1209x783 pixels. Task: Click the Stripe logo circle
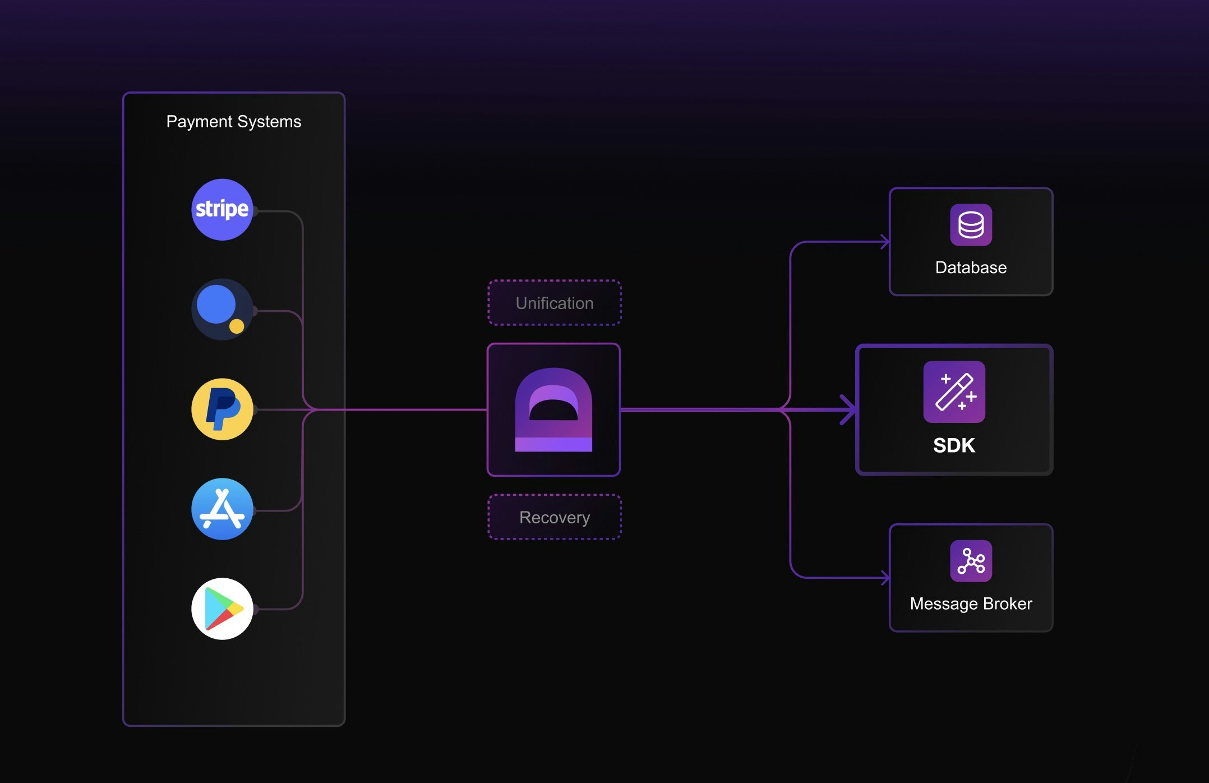coord(222,210)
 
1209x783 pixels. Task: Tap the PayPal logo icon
coord(222,409)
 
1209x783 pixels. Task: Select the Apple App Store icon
coord(222,509)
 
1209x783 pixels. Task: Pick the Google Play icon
coord(222,609)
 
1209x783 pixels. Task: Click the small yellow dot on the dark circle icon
coord(237,326)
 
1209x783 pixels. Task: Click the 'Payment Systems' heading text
coord(234,122)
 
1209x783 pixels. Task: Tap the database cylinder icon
coord(971,225)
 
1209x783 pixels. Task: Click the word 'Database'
coord(971,268)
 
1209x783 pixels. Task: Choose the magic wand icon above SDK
coord(954,392)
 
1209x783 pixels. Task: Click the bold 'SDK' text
coord(954,445)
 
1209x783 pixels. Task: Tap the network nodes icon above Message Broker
coord(971,561)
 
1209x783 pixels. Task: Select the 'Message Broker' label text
coord(971,604)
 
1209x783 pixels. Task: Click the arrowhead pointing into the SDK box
coord(848,409)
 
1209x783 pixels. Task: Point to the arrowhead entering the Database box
coord(885,242)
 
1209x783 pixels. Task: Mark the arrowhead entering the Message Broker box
coord(885,578)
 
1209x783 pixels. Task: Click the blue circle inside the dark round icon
coord(216,304)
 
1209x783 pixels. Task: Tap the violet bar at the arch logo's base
coord(553,445)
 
